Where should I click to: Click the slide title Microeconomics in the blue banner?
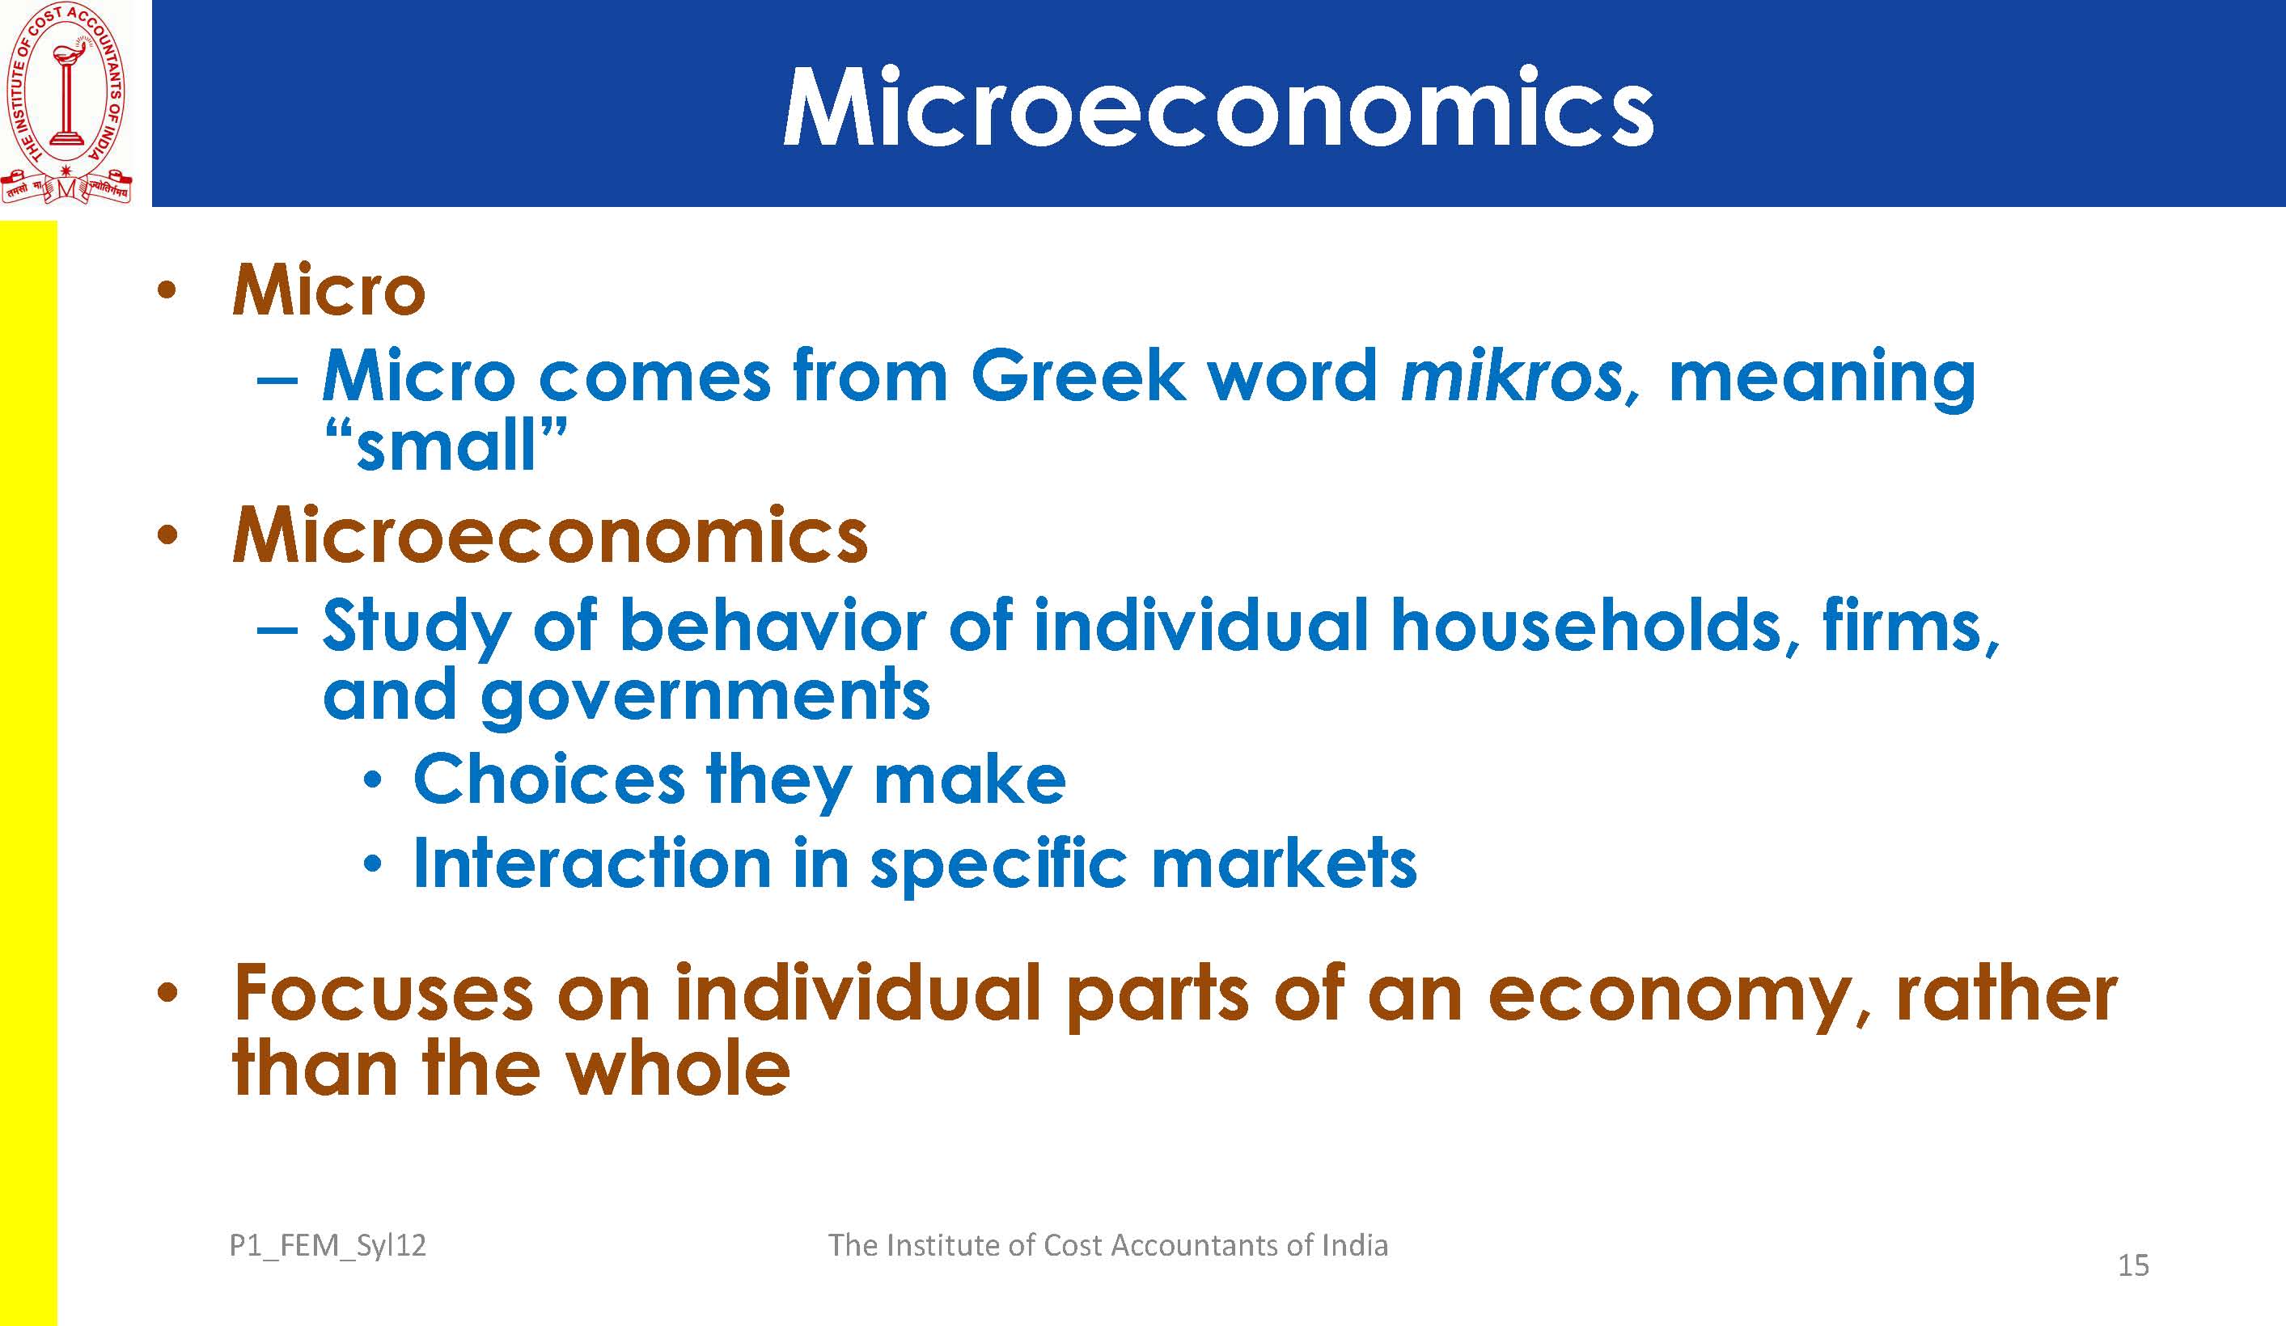(1217, 107)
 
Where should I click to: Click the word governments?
(704, 697)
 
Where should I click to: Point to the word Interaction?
(592, 863)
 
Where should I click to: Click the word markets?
(1284, 863)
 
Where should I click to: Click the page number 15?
(2134, 1265)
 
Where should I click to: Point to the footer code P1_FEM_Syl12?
(328, 1246)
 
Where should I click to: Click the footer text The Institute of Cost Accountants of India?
(1107, 1244)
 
